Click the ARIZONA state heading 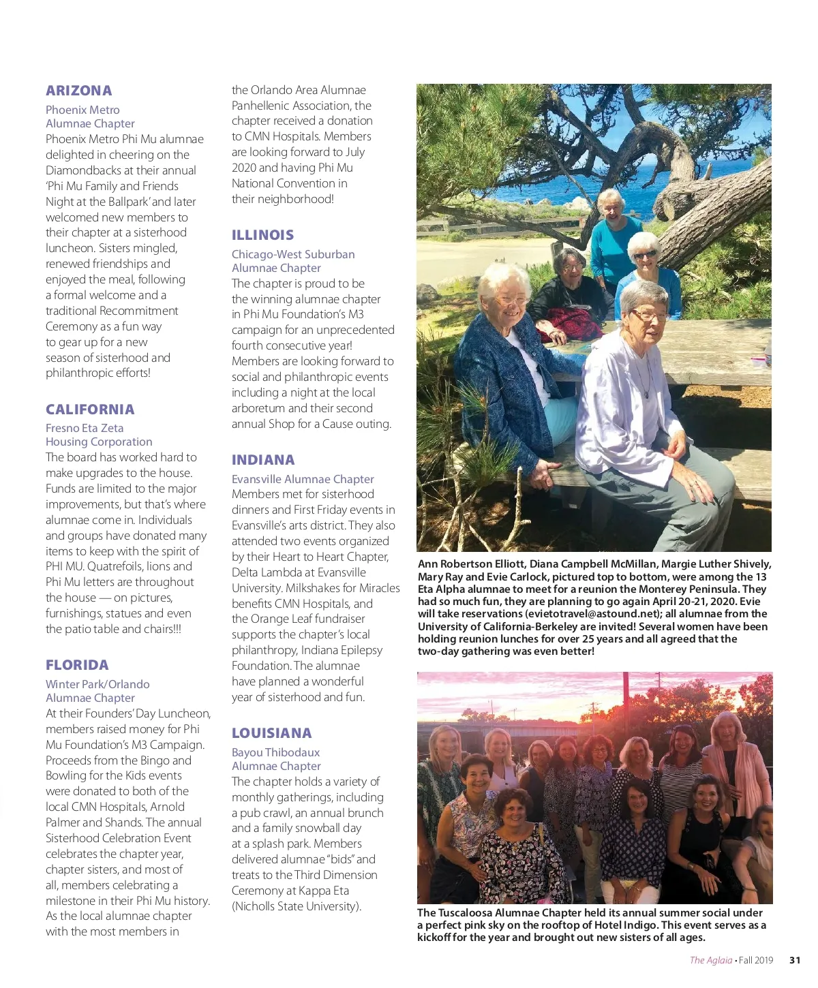click(78, 91)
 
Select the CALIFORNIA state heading click(90, 410)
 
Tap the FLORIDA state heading click(77, 665)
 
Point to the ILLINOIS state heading click(262, 235)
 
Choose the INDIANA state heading click(263, 460)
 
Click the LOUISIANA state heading click(271, 733)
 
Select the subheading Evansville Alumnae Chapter click(303, 479)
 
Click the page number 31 click(795, 960)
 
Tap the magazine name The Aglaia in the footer click(710, 960)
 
